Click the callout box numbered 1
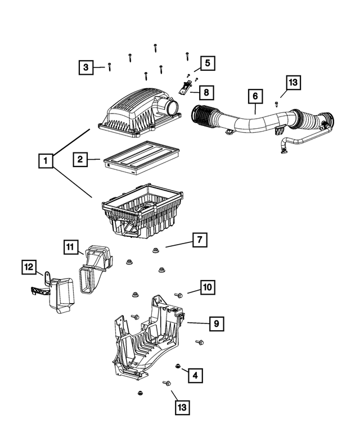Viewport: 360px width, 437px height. (x=46, y=161)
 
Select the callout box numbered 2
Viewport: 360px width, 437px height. (x=80, y=160)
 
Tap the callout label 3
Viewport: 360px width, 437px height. (x=85, y=67)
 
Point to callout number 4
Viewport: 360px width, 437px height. (x=195, y=375)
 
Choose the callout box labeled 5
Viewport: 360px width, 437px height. (x=206, y=63)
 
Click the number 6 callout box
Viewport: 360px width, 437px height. (x=255, y=97)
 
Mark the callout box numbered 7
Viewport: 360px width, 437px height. (x=199, y=241)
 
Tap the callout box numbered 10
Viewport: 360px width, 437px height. (x=207, y=288)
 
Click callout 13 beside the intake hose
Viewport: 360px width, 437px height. (x=292, y=83)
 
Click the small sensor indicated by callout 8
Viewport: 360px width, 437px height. (x=183, y=87)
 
